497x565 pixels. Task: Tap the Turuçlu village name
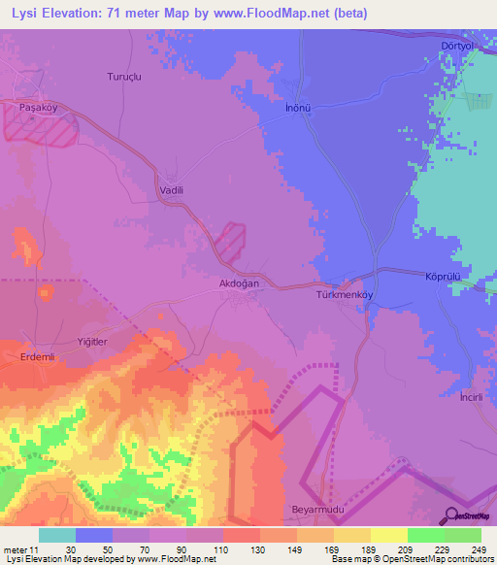click(124, 76)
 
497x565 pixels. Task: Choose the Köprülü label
click(443, 277)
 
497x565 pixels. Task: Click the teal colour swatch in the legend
click(57, 535)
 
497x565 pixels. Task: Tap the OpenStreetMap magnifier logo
click(451, 515)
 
